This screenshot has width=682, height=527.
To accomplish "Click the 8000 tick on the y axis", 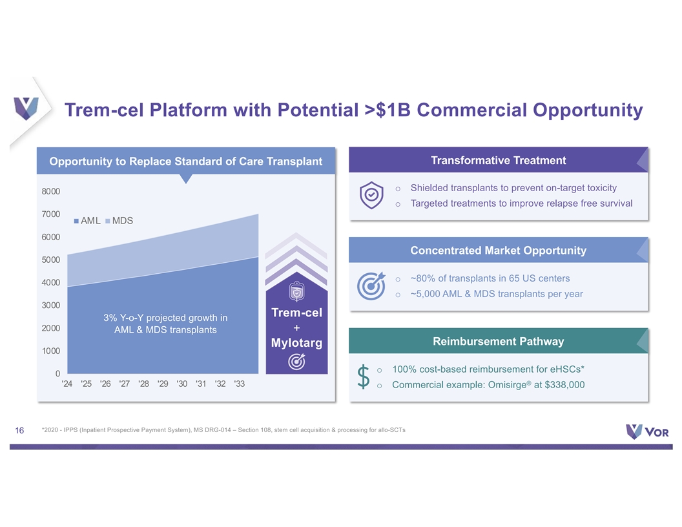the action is point(51,191).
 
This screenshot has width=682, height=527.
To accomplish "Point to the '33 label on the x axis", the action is point(239,384).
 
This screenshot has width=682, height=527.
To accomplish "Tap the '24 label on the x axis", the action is point(67,384).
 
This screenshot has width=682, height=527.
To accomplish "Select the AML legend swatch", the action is point(77,221).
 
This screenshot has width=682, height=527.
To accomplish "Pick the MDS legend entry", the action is point(119,221).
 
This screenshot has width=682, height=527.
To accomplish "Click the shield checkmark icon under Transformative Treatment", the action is point(371,195).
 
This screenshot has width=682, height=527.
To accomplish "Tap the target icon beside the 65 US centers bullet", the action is point(371,285).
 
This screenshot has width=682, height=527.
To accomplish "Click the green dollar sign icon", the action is point(363,377).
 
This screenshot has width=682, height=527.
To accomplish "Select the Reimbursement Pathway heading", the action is point(499,342).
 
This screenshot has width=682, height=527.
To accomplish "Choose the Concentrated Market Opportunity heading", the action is point(499,251).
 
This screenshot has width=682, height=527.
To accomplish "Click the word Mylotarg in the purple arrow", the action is point(296,343).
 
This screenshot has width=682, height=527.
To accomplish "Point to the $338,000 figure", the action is point(564,385).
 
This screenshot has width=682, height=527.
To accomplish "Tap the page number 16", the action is point(19,430).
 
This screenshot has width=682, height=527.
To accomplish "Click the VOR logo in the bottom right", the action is point(647,431).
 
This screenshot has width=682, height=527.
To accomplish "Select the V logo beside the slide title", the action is point(26,108).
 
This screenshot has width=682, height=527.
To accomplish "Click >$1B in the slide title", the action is point(387,110).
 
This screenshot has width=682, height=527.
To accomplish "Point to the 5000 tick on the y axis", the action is point(51,260).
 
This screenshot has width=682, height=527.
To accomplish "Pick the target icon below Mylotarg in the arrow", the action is point(296,361).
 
